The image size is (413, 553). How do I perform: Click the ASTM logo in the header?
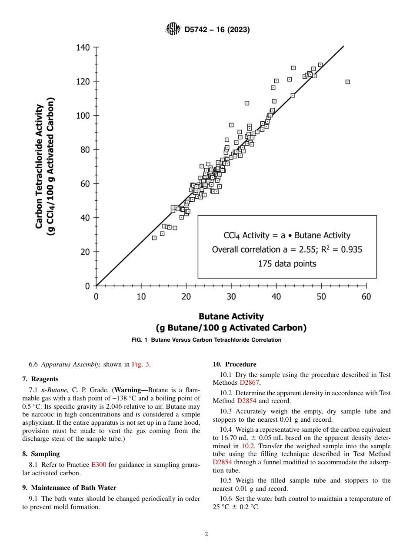coord(173,30)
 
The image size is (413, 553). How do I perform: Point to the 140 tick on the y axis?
coord(83,47)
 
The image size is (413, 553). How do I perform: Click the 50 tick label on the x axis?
coord(321,296)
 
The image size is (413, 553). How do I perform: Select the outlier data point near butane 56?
coord(348,82)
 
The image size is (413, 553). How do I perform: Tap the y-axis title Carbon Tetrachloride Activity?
coord(39,166)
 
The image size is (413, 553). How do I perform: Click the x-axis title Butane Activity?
coord(231,316)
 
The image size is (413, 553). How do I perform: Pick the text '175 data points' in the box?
coord(287,263)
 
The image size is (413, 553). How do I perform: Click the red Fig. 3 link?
coord(140,365)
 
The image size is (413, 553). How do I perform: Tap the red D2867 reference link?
coord(249,383)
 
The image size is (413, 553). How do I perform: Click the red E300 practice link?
coord(99,465)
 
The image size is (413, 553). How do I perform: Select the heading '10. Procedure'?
coord(234,364)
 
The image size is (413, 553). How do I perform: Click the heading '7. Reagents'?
coord(40,379)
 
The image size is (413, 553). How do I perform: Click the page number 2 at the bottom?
coord(206,534)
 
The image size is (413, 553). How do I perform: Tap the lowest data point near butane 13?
coord(154,238)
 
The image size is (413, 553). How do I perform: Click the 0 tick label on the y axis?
coord(87,286)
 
